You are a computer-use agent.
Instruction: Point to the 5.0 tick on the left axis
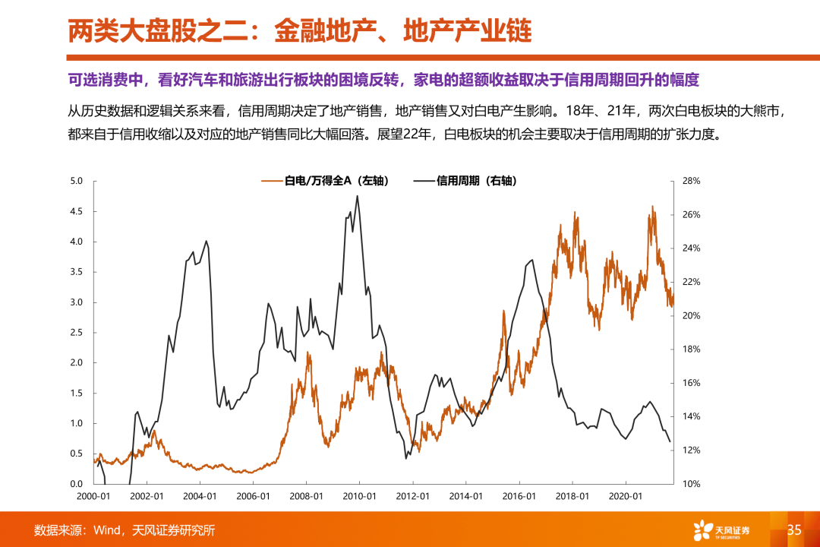pos(76,181)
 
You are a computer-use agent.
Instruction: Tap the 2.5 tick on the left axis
pos(76,333)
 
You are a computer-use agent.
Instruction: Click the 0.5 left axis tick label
pos(76,454)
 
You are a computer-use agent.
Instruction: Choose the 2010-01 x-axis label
pos(359,496)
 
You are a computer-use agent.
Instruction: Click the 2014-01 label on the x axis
pos(465,496)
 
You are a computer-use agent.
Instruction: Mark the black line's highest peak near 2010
pos(358,196)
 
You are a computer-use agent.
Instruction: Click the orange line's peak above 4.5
pos(651,207)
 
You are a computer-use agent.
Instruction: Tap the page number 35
pos(794,530)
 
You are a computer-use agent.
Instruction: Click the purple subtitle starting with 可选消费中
pos(383,80)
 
